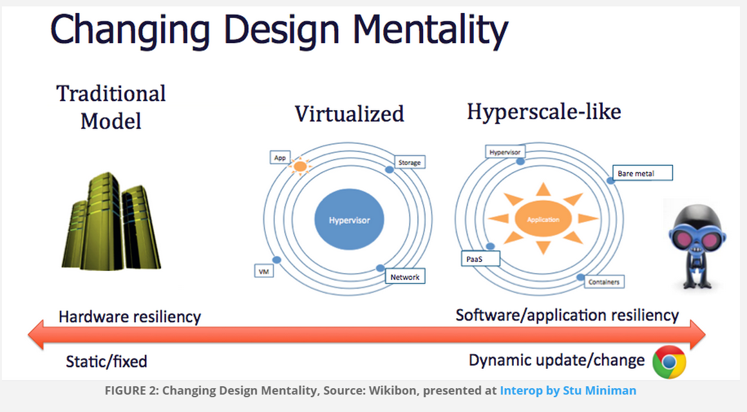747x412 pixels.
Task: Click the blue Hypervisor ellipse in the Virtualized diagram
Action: (x=349, y=220)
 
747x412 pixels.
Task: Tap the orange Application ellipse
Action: (x=543, y=219)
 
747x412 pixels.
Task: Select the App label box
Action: (x=279, y=158)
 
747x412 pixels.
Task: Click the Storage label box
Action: (x=410, y=162)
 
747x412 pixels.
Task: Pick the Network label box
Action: (x=405, y=277)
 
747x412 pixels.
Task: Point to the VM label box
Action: (x=264, y=272)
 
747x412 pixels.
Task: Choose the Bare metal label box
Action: (x=642, y=173)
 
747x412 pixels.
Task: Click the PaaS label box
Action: (x=480, y=259)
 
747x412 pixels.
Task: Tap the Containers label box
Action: (x=604, y=281)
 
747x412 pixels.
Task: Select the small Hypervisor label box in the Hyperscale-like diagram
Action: (x=505, y=152)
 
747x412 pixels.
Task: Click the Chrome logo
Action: (x=669, y=362)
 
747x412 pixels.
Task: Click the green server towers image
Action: (x=111, y=221)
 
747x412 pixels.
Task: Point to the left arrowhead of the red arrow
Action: (x=36, y=335)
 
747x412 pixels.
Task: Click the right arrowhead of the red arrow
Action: (x=697, y=335)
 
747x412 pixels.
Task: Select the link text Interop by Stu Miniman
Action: (x=568, y=391)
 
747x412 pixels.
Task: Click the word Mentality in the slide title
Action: (x=430, y=30)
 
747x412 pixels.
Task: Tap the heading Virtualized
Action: (x=349, y=114)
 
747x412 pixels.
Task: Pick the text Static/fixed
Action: (x=106, y=362)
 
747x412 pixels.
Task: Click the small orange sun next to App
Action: (x=300, y=166)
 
